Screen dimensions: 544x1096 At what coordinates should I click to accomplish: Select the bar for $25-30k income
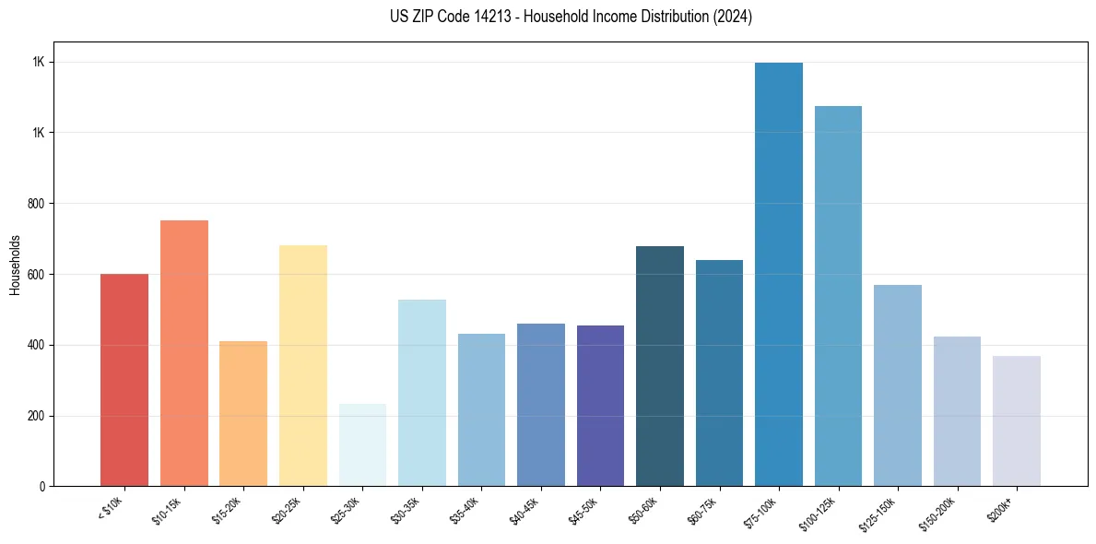pyautogui.click(x=362, y=444)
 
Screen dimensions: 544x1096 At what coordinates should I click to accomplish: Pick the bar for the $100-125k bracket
pyautogui.click(x=838, y=296)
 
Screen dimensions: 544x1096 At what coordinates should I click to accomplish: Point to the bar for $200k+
pyautogui.click(x=1017, y=420)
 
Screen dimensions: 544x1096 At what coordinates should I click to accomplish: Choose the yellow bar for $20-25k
pyautogui.click(x=303, y=365)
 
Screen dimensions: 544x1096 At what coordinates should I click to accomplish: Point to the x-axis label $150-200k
pyautogui.click(x=941, y=511)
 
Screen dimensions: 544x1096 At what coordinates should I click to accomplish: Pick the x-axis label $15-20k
pyautogui.click(x=229, y=509)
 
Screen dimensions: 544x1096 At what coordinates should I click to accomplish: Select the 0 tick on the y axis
pyautogui.click(x=42, y=486)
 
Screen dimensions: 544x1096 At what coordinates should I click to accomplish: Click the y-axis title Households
pyautogui.click(x=15, y=264)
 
